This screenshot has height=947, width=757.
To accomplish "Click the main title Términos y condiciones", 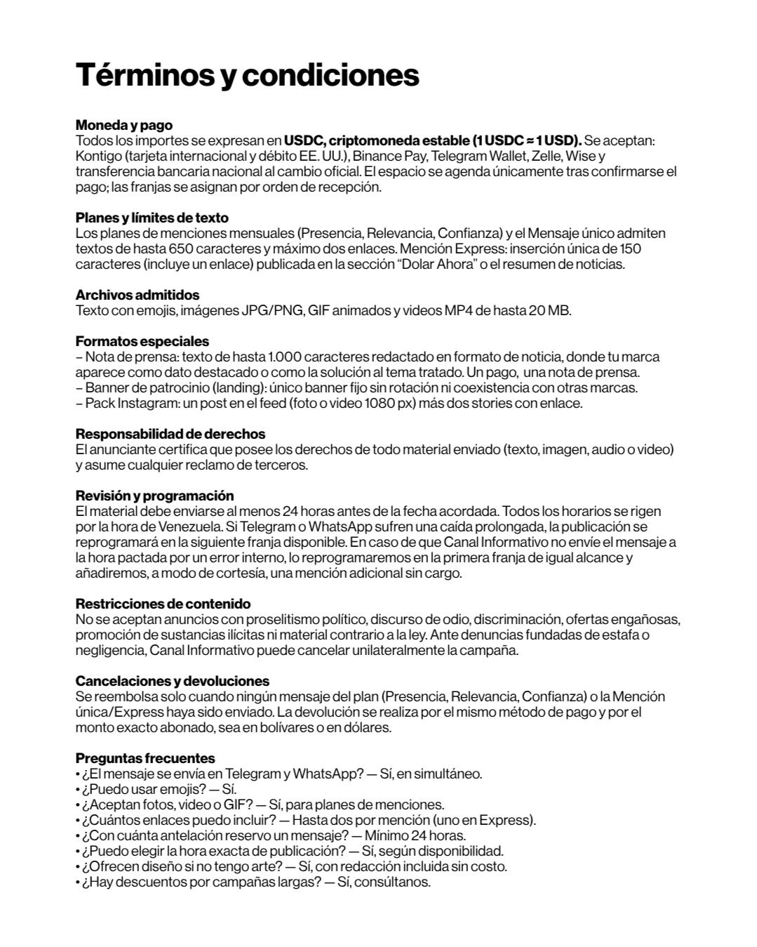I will [247, 75].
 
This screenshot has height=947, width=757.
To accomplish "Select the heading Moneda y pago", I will [123, 126].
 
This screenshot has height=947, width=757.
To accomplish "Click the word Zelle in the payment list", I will [547, 157].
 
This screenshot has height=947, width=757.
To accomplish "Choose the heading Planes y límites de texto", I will [152, 218].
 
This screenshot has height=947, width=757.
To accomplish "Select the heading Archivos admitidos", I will [137, 296].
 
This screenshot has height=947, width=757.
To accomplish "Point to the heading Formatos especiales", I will [142, 342].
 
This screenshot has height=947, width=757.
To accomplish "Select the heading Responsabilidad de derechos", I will [170, 435].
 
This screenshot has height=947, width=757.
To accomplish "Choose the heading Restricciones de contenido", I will [163, 604].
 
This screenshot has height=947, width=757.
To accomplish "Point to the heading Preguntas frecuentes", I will [145, 759].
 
